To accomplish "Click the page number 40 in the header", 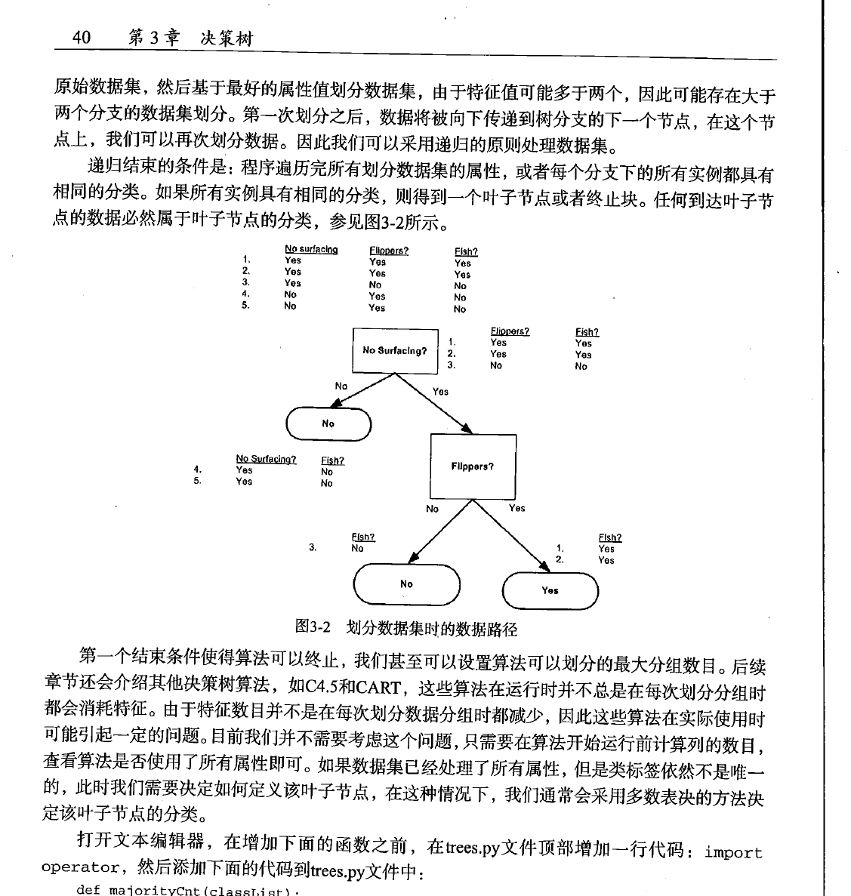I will (82, 38).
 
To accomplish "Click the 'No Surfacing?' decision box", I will (395, 350).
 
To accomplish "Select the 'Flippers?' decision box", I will (473, 466).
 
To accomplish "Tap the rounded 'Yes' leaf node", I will (550, 590).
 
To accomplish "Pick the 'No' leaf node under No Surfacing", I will (328, 423).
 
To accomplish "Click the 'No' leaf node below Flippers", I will (407, 583).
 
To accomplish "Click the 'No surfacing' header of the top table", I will (311, 250).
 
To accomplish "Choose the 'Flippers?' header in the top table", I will (389, 251).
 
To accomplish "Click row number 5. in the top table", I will (246, 306).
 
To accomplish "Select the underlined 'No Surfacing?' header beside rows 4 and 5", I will (266, 459).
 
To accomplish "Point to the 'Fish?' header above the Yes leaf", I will (610, 537).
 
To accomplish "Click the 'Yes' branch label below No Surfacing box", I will (440, 392).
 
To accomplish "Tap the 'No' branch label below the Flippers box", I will (432, 509).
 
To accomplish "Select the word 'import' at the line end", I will (733, 852).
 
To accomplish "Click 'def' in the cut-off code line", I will (88, 890).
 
